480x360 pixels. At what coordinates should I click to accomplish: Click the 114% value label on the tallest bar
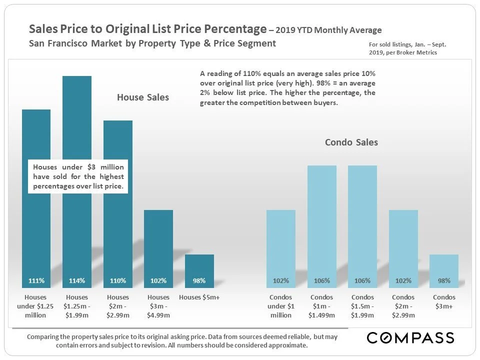(x=77, y=280)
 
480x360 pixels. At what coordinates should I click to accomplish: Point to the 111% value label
(x=36, y=280)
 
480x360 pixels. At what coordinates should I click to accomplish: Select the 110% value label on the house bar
(x=118, y=280)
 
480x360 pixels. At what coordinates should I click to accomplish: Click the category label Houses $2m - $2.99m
(x=118, y=306)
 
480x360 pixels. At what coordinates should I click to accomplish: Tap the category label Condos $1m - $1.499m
(x=322, y=306)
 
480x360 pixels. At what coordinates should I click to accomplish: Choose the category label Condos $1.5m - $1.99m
(x=362, y=306)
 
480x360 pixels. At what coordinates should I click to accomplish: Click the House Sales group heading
(x=143, y=97)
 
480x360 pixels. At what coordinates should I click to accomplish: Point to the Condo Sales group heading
(x=351, y=142)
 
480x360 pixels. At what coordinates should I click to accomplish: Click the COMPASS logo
(x=410, y=338)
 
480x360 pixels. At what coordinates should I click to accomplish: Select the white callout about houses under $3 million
(x=78, y=176)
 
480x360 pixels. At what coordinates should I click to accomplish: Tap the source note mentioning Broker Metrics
(x=406, y=48)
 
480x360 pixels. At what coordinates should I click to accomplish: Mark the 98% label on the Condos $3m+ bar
(x=443, y=280)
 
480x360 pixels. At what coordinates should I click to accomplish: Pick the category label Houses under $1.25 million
(x=36, y=306)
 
